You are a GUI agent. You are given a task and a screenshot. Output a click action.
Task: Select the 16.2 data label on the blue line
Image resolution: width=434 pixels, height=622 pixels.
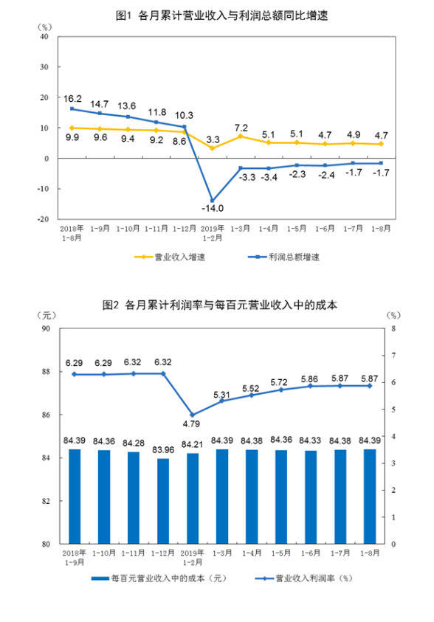click(72, 97)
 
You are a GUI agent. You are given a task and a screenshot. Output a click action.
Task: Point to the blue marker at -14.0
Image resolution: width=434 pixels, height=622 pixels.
click(213, 201)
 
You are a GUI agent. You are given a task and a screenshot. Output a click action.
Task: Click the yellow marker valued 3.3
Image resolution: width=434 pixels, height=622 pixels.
click(213, 148)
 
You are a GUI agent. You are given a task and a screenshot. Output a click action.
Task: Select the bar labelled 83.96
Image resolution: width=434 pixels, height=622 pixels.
click(162, 501)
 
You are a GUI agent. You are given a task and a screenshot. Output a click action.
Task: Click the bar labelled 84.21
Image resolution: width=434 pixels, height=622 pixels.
click(192, 498)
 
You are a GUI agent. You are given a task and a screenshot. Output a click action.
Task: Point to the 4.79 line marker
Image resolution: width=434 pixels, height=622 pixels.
click(192, 415)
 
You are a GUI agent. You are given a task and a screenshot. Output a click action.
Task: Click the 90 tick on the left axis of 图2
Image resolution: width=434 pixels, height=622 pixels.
click(45, 328)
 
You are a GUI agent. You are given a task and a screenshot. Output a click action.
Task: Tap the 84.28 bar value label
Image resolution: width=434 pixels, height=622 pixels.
click(133, 443)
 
